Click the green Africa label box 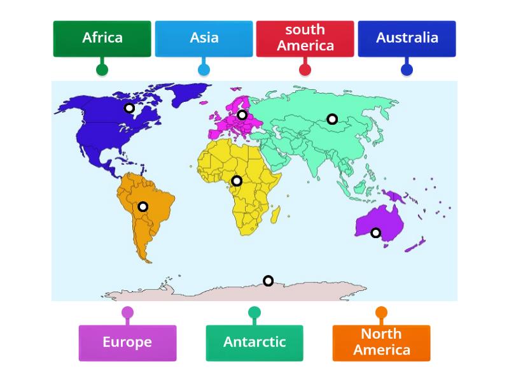pos(102,38)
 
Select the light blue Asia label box pos(204,38)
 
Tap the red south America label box pos(305,38)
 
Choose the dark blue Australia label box pos(407,38)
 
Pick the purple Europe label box pos(127,343)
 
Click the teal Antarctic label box pos(254,343)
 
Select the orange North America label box pos(381,343)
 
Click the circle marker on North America pos(129,108)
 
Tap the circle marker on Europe pos(242,115)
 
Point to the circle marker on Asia pos(332,119)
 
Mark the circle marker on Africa pos(237,181)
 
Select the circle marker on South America pos(143,206)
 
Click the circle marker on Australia pos(376,233)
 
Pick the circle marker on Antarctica pos(268,281)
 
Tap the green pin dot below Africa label pos(102,70)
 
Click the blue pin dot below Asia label pos(204,70)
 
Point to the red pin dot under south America pos(305,70)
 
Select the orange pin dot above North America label pos(381,313)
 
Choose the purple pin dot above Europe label pos(127,313)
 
